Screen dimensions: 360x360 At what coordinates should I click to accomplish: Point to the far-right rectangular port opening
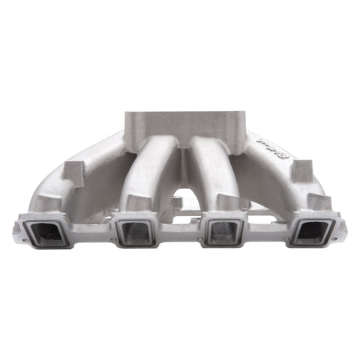pyautogui.click(x=311, y=232)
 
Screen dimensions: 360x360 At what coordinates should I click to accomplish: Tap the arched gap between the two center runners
pyautogui.click(x=179, y=199)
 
